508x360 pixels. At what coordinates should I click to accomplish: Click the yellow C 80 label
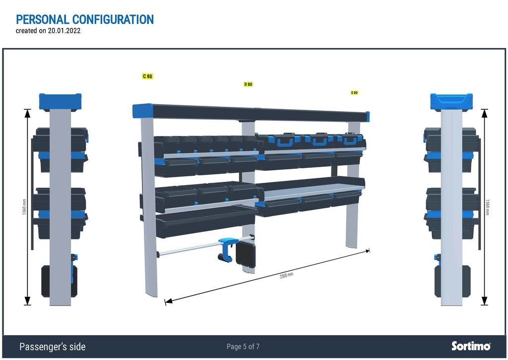tap(147, 76)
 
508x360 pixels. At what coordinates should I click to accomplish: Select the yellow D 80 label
tap(248, 84)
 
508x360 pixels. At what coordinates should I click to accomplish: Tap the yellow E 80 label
tap(354, 93)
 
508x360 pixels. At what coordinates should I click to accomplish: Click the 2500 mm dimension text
tap(286, 276)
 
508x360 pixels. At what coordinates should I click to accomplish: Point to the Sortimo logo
tap(471, 346)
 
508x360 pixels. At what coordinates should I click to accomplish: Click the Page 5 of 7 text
tap(243, 347)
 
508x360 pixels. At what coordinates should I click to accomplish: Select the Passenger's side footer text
tap(53, 347)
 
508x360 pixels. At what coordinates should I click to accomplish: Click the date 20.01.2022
tap(64, 31)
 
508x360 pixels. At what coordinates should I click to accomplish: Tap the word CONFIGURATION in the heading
tap(113, 19)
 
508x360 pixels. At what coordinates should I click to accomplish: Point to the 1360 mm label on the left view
tap(24, 207)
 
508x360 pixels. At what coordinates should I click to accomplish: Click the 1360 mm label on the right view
tap(488, 207)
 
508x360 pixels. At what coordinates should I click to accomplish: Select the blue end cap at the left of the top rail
tap(142, 111)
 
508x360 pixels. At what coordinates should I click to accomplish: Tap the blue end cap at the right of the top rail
tap(368, 117)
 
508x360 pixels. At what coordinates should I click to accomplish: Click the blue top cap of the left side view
tap(60, 101)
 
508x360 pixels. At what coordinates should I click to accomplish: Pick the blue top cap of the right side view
tap(451, 101)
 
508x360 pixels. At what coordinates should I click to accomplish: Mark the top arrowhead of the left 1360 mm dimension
tap(28, 113)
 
